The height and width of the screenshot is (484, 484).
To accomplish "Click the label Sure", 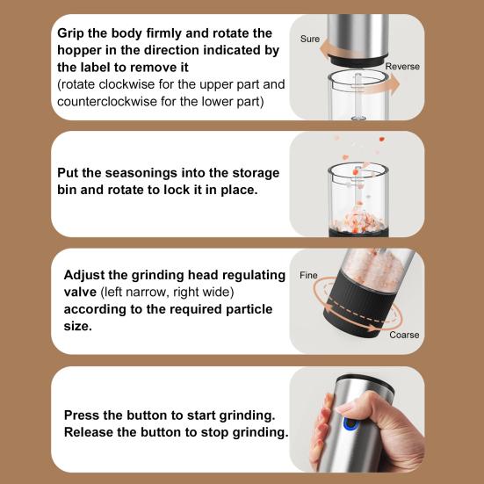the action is point(309,39).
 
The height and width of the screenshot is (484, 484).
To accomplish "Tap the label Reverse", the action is point(402,67).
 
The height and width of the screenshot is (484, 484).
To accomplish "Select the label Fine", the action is point(308,275).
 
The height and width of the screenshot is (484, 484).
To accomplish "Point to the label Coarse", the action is point(404,335).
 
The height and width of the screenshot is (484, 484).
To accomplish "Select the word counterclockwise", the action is point(107,101).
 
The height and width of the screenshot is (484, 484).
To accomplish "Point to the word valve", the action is point(80,292).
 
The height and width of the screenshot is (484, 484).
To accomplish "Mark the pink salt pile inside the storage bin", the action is point(358,221).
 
